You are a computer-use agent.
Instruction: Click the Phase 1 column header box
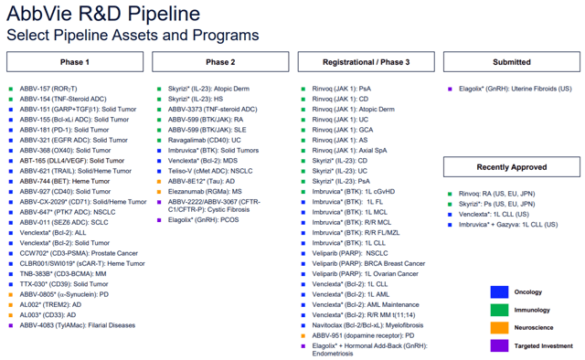point(74,62)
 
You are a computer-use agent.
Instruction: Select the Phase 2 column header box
point(220,62)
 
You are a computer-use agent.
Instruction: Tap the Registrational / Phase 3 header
point(366,62)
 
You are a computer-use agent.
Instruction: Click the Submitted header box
point(511,62)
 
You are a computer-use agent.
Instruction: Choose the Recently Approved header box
point(511,167)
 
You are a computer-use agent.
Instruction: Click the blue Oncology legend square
point(498,292)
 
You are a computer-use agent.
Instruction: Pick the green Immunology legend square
point(498,311)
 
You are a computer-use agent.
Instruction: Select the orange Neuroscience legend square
point(498,328)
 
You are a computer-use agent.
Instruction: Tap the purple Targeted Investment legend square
point(498,346)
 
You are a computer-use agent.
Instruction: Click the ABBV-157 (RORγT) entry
point(47,89)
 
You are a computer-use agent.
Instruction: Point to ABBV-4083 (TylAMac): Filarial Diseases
point(70,325)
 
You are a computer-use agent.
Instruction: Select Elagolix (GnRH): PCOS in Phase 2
point(202,220)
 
